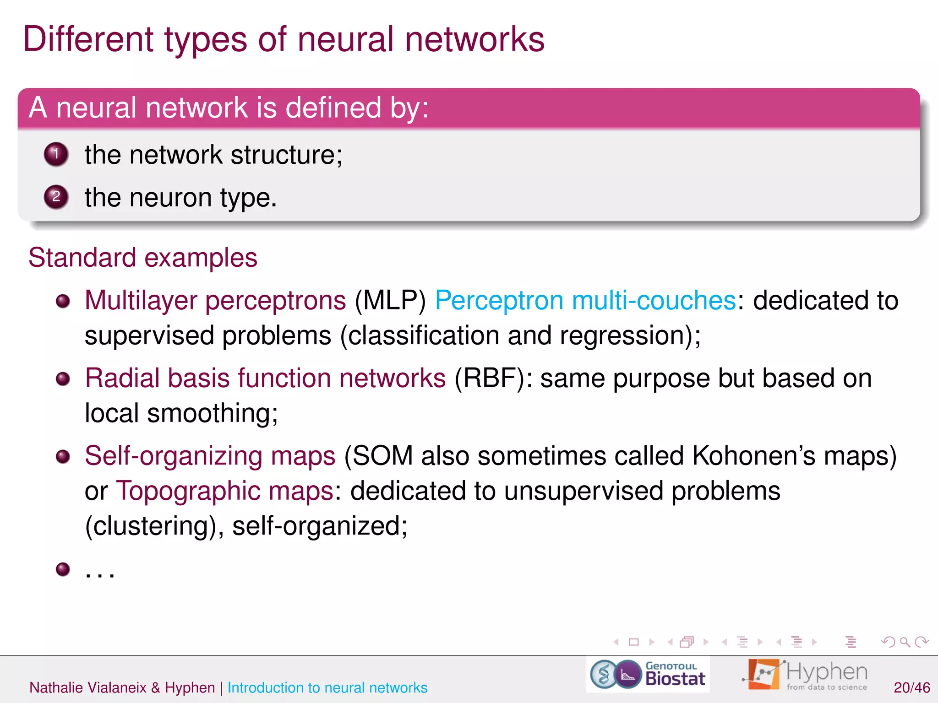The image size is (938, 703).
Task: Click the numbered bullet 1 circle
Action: coord(56,154)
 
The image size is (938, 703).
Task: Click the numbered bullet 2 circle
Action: coord(56,197)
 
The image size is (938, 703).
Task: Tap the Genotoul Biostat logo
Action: coord(648,674)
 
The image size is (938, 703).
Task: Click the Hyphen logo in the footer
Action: coord(805,674)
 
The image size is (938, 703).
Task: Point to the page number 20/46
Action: coord(911,687)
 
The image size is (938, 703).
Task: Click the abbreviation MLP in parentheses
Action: coord(390,301)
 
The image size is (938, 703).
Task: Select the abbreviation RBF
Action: coord(490,379)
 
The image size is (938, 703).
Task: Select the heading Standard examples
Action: coord(143,257)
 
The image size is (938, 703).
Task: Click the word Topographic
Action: coord(188,491)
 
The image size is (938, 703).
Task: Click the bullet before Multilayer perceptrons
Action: coord(63,301)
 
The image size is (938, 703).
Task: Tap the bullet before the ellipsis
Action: coord(63,569)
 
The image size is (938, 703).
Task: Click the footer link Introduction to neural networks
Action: coord(327,687)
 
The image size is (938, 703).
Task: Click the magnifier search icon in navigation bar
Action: coord(905,642)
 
